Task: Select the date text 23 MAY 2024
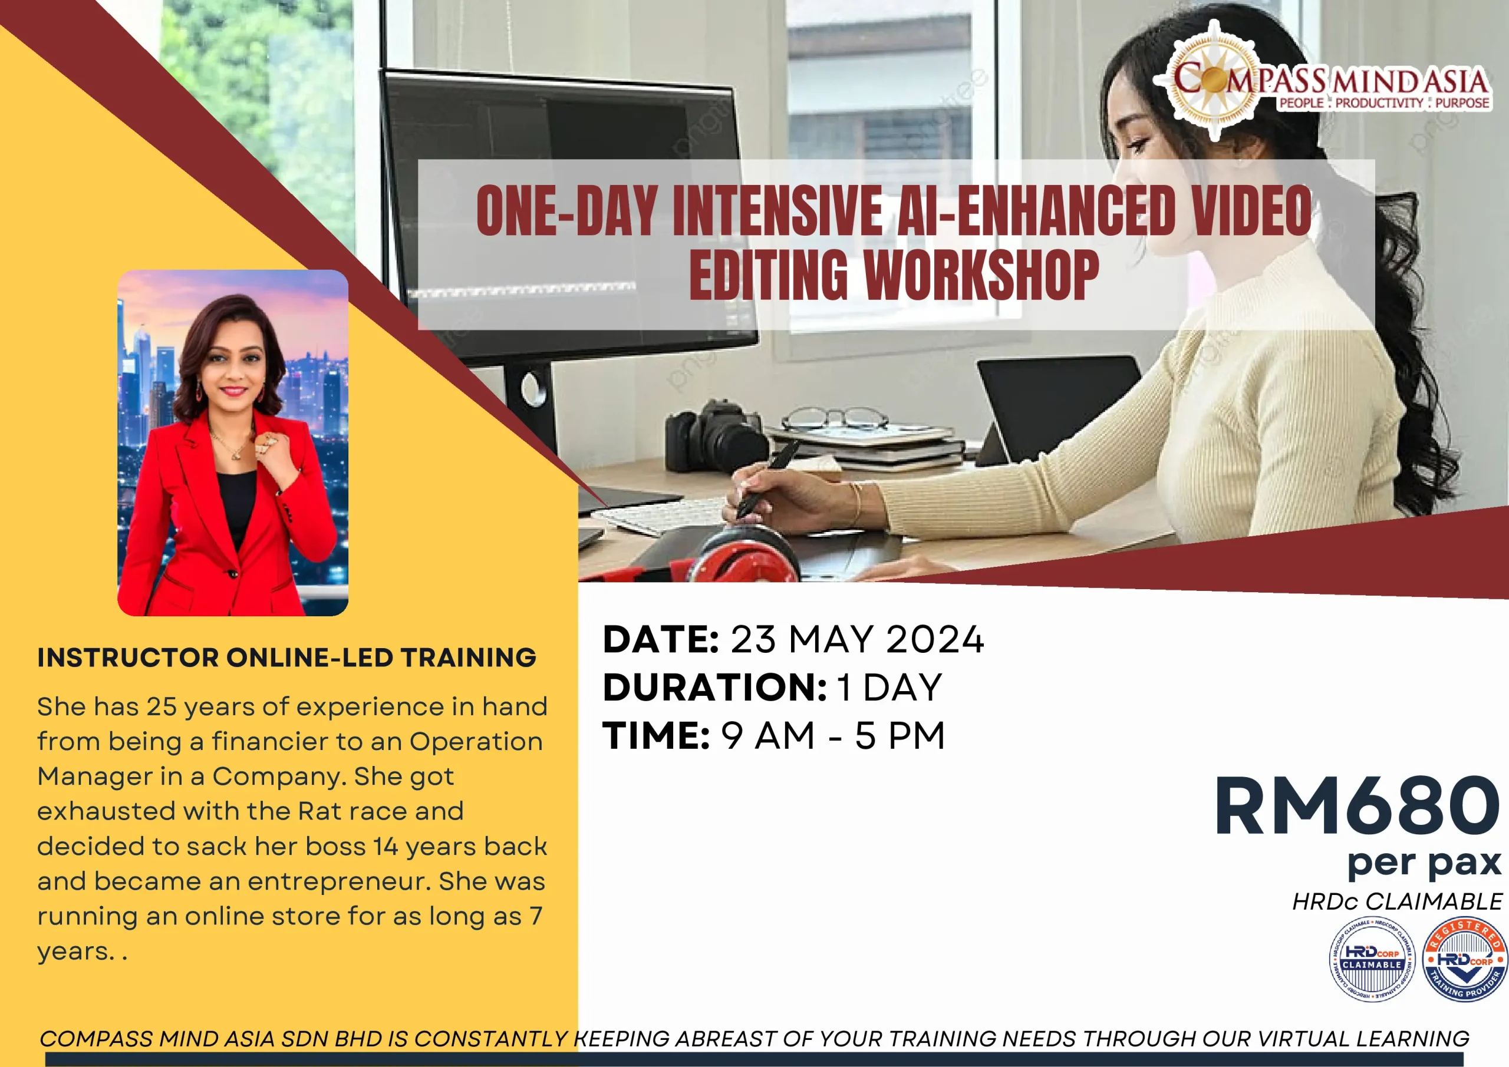(x=857, y=639)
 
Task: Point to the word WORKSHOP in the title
(x=981, y=275)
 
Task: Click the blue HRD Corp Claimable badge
(x=1372, y=960)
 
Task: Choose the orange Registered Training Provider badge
(x=1464, y=960)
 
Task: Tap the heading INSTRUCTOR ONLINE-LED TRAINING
(x=286, y=658)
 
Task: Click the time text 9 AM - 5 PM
(x=833, y=735)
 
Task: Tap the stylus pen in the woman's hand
(x=766, y=480)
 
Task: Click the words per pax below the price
(x=1424, y=863)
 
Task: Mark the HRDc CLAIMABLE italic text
(x=1397, y=901)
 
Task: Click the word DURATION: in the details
(x=714, y=687)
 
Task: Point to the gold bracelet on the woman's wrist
(x=855, y=503)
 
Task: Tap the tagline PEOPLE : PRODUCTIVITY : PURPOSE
(x=1383, y=103)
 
